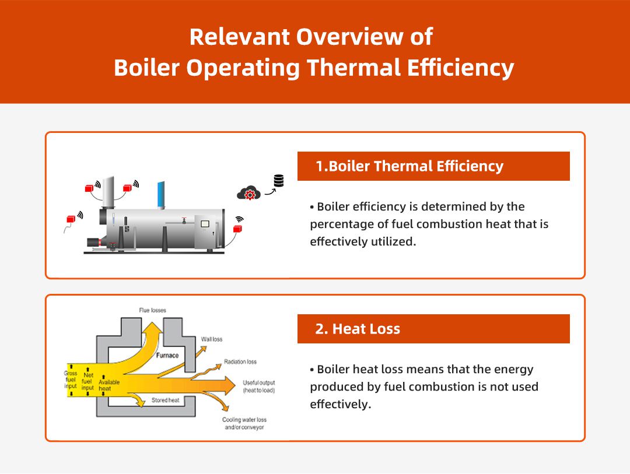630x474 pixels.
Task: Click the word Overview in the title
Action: pos(338,37)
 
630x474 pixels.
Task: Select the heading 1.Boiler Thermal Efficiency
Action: pos(409,166)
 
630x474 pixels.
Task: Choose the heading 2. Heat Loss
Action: pos(357,329)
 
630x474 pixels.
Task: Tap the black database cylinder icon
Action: pos(279,181)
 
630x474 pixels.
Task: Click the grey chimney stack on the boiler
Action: pos(108,192)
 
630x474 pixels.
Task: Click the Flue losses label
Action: pos(152,310)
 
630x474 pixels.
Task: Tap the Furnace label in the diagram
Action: pos(167,355)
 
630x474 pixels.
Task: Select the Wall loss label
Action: pos(212,339)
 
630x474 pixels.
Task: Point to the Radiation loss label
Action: pos(240,362)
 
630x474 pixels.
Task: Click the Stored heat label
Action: pos(165,401)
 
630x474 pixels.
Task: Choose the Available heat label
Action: pos(109,386)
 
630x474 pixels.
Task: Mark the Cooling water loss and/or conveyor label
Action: pos(244,424)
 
